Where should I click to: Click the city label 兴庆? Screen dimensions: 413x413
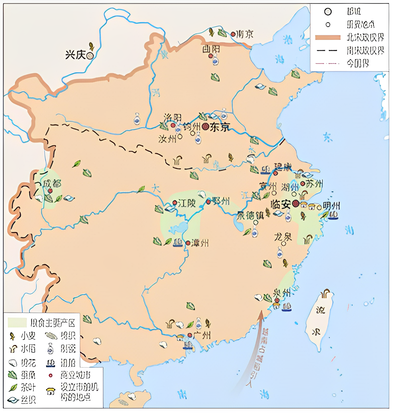pos(75,55)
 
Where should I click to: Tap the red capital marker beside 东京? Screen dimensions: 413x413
pos(205,126)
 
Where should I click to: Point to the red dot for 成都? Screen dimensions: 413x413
pos(50,191)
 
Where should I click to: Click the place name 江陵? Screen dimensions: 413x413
pos(187,203)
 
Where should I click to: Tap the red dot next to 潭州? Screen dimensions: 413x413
pos(188,243)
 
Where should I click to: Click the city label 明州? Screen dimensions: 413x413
pos(331,205)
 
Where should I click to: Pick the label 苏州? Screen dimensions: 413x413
pos(314,184)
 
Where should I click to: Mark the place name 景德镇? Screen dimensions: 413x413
pos(250,216)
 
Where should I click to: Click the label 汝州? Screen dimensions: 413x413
pos(167,139)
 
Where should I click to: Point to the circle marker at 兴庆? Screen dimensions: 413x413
pos(90,56)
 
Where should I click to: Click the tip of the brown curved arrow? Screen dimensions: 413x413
pos(261,311)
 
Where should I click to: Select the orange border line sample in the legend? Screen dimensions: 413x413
pos(328,38)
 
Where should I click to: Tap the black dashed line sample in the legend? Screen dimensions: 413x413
pos(327,50)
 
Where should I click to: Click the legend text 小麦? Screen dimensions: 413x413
pos(28,336)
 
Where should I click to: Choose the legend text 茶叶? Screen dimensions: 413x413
pos(28,387)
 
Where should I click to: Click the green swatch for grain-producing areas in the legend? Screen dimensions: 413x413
pos(17,323)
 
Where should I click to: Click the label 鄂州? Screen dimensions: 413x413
pos(221,201)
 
